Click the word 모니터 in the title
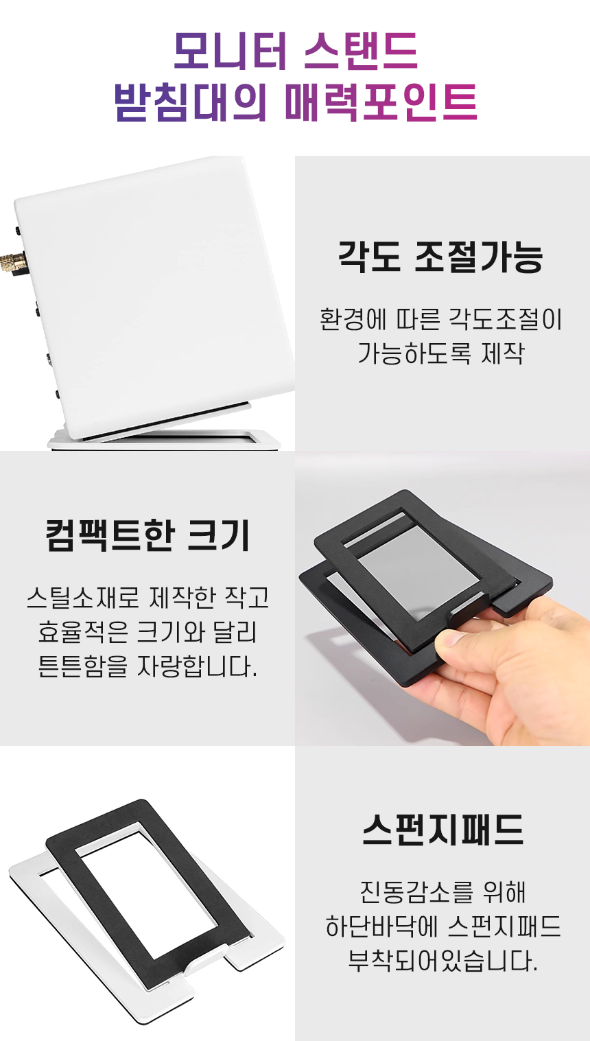tap(231, 51)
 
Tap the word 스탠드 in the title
tap(361, 51)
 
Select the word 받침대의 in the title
tap(191, 102)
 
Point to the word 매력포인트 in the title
tap(381, 102)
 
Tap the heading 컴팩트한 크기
tap(147, 535)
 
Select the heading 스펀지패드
tap(442, 830)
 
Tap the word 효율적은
tap(83, 631)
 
